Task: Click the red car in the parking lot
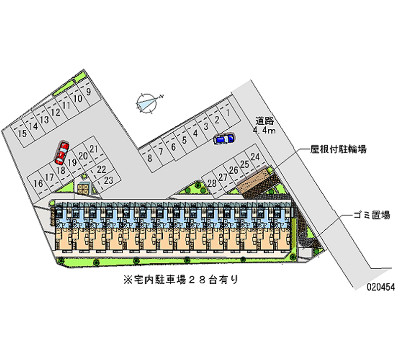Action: pos(61,153)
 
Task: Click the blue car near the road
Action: pos(223,139)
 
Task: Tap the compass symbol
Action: pos(147,103)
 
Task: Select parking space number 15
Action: pos(22,134)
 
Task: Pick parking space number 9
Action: pos(88,92)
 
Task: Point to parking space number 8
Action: pos(149,158)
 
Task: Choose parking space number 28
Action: pos(212,184)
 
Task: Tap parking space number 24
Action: pos(255,157)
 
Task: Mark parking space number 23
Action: pos(109,179)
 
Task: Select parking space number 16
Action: pos(38,183)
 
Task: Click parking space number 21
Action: pos(94,149)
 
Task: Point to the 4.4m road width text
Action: pos(264,131)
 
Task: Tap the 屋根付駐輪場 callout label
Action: pos(339,149)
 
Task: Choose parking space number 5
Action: pos(184,140)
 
